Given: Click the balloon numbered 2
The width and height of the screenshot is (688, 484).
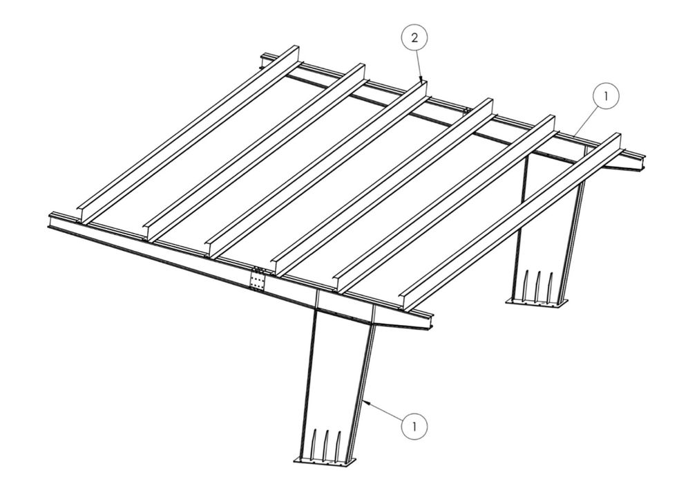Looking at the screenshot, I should pyautogui.click(x=414, y=39).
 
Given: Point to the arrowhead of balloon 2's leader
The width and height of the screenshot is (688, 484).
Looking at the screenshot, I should pyautogui.click(x=421, y=81).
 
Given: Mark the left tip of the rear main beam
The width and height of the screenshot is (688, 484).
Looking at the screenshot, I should pyautogui.click(x=263, y=59).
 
